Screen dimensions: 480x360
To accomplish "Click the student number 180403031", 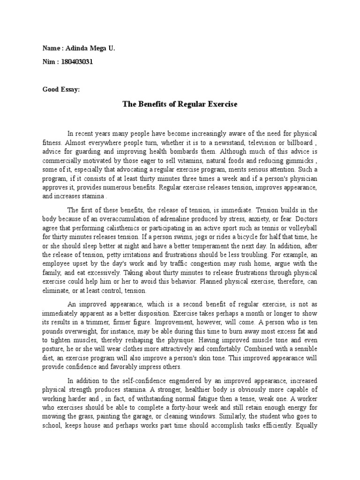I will tap(74, 62).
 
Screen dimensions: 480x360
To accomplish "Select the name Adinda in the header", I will tap(75, 48).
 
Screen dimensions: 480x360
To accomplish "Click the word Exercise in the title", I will tap(220, 105).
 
